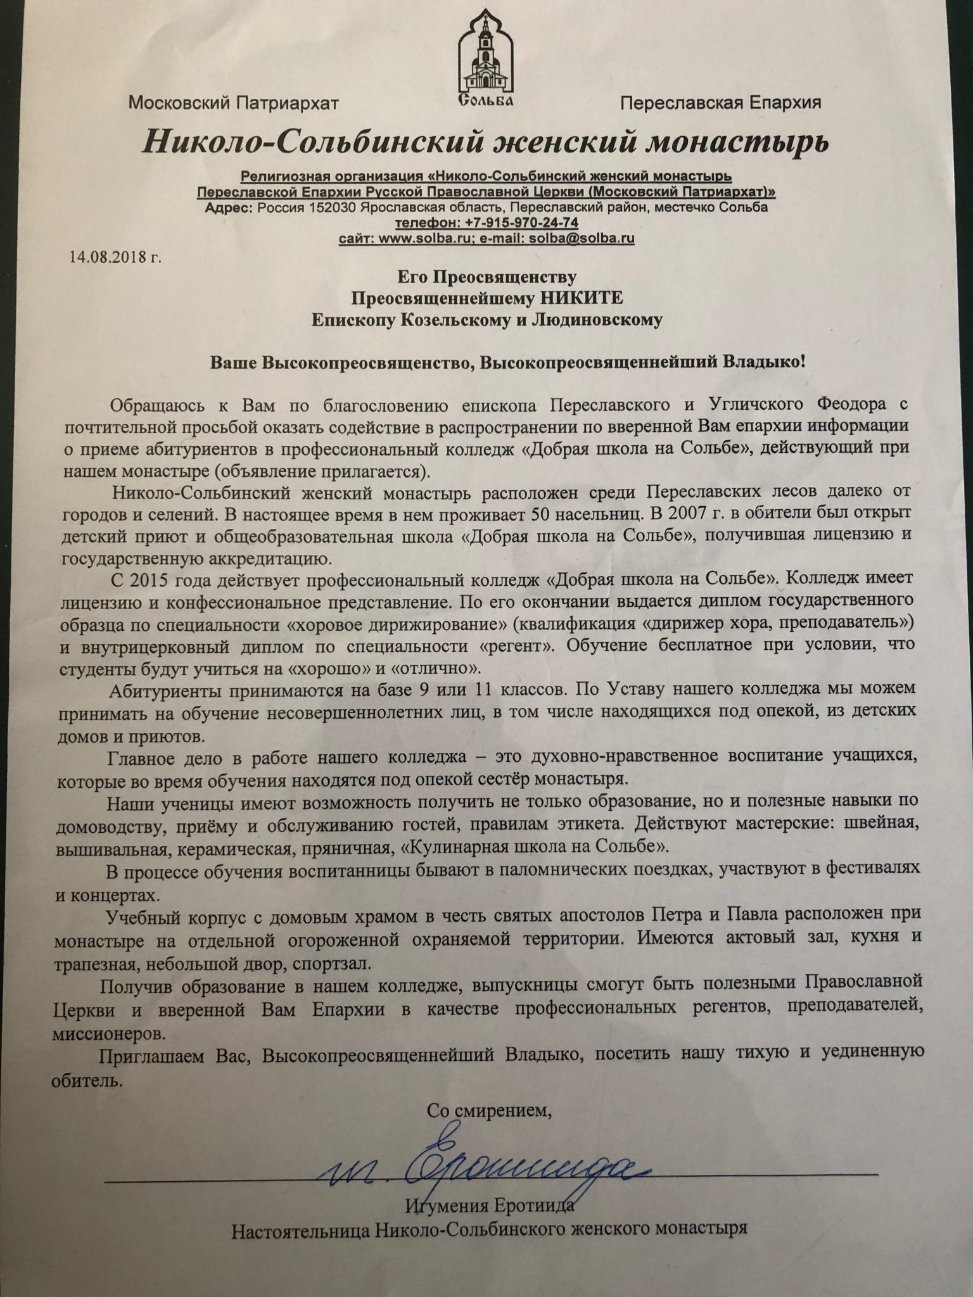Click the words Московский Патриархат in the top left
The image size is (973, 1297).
pyautogui.click(x=234, y=103)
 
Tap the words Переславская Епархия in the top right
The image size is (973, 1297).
pyautogui.click(x=721, y=103)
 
